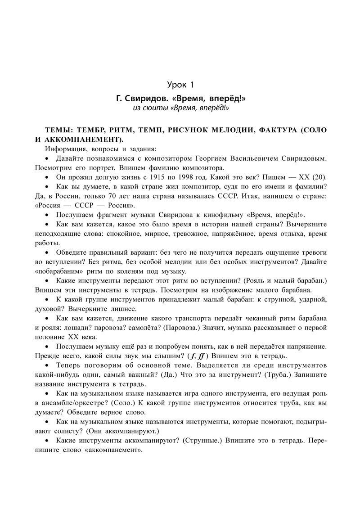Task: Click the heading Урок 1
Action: coord(180,85)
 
